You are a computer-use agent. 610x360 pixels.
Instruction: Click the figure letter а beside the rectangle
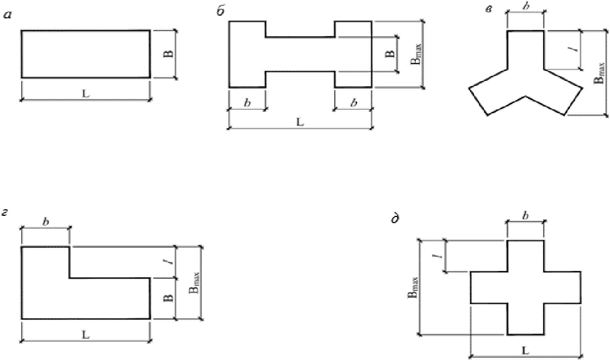coord(8,15)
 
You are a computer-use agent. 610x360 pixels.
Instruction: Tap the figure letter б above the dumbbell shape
coord(221,12)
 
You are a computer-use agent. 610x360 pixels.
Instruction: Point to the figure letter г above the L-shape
coord(6,213)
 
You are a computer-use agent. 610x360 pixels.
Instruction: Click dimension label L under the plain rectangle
coord(86,94)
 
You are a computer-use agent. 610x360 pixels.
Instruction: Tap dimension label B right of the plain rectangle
coord(168,54)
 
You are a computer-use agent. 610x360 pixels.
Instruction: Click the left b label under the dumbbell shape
coord(247,103)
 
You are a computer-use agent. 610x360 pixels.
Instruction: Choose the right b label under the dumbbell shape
coord(353,103)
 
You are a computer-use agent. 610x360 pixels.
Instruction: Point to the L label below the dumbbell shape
coord(300,122)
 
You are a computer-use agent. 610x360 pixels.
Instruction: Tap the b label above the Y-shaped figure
coord(526,7)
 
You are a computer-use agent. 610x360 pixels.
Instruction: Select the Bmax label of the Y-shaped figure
coord(599,72)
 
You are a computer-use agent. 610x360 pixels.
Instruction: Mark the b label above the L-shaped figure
coord(46,222)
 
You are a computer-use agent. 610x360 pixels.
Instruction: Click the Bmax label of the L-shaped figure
coord(195,284)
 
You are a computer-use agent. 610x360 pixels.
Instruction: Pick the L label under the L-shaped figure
coord(86,335)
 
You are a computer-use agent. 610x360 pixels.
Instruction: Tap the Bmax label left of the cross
coord(413,287)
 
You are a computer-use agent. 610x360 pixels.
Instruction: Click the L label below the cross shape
coord(525,351)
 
